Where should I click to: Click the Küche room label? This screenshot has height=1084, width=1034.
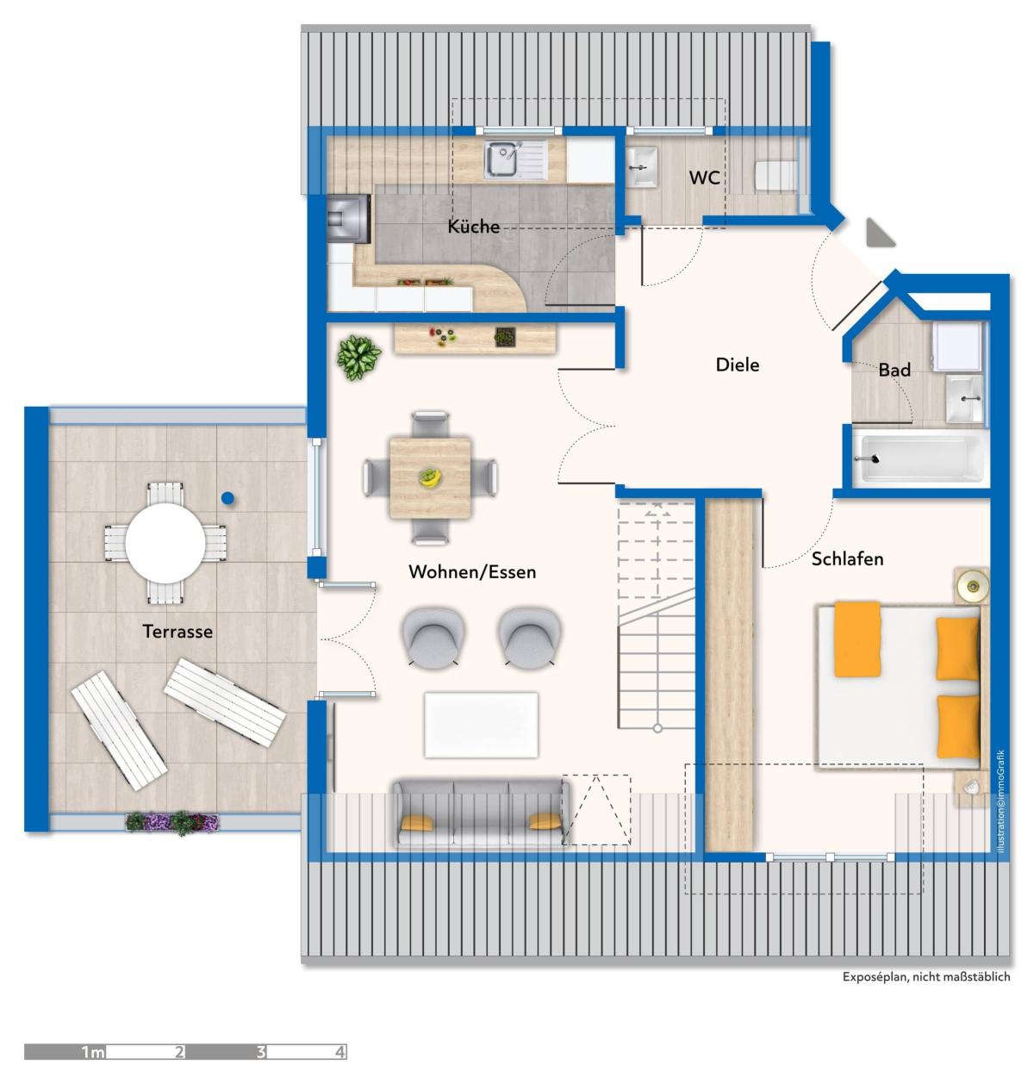(473, 226)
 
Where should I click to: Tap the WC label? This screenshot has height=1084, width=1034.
(704, 178)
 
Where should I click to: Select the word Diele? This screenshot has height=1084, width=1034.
(738, 364)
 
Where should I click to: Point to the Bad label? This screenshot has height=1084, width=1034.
(894, 370)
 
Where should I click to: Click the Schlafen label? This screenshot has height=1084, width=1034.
(847, 559)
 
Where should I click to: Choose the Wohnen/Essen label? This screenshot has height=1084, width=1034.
(472, 572)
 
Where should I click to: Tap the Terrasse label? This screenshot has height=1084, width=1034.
(177, 632)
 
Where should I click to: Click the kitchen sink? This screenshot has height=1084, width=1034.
(515, 160)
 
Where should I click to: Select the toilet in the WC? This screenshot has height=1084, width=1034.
(775, 176)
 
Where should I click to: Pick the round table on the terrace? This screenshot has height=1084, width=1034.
(165, 543)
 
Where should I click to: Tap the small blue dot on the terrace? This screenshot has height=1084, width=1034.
(227, 498)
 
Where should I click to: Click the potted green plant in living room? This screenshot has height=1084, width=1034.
(359, 358)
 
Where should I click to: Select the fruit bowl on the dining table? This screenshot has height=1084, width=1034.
(430, 477)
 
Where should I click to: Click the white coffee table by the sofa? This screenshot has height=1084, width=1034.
(481, 725)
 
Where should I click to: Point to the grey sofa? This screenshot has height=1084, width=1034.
(481, 813)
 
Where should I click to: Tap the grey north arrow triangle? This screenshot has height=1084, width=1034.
(878, 234)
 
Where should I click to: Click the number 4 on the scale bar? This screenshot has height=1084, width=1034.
(339, 1052)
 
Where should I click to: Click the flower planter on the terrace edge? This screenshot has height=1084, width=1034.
(172, 822)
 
